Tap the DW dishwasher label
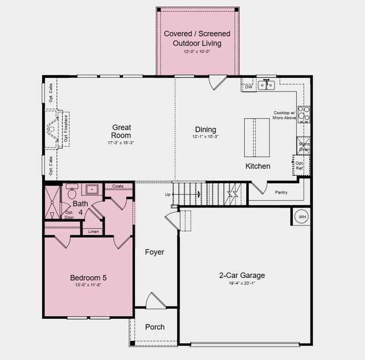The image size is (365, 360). click(x=249, y=87)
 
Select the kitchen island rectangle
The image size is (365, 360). click(x=257, y=137)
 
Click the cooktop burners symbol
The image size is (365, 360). click(x=304, y=114)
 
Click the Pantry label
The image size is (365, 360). click(x=281, y=192)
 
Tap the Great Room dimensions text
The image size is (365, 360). click(x=121, y=142)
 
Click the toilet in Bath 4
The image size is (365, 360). click(x=72, y=193)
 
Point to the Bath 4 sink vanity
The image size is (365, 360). click(x=91, y=190)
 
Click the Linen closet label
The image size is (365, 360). click(x=93, y=232)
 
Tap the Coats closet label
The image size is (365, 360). click(x=118, y=186)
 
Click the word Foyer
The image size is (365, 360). click(x=154, y=252)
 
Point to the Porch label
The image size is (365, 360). click(x=155, y=327)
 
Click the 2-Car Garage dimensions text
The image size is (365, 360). click(x=243, y=283)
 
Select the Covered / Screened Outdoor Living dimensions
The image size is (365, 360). click(x=197, y=51)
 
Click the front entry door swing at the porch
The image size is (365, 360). click(x=155, y=301)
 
